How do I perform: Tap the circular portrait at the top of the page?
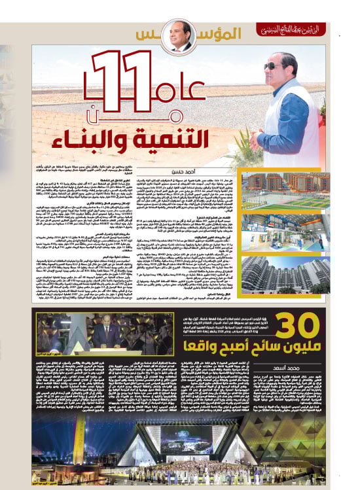[181, 36]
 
